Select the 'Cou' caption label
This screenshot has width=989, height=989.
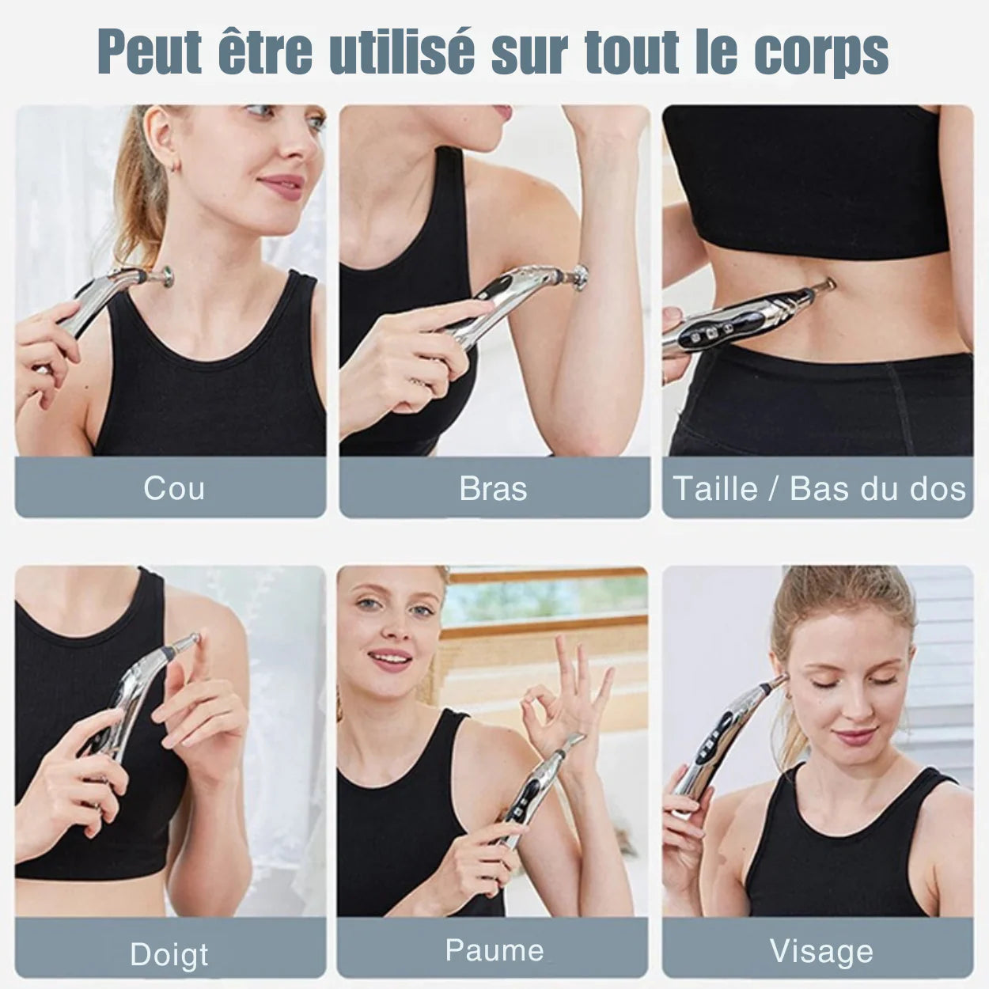[174, 487]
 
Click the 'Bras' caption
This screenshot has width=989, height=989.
[493, 488]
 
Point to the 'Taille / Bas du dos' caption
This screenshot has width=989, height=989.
[819, 488]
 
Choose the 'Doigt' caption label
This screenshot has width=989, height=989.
[169, 954]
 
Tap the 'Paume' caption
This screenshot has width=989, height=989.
[494, 949]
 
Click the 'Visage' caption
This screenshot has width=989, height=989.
[821, 951]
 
